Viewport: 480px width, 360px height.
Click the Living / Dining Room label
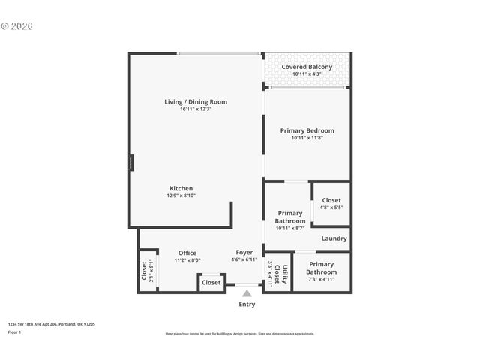tap(196, 102)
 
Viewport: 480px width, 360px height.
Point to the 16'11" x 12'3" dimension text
tap(196, 109)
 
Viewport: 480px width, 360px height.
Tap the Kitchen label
tap(181, 188)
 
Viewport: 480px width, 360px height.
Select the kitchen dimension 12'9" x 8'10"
tap(181, 196)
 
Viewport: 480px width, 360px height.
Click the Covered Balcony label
tap(307, 67)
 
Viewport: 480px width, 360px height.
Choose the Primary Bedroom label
tap(307, 130)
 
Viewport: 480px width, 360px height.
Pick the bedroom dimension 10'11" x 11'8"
tap(307, 138)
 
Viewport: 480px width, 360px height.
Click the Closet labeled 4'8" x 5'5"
tap(331, 200)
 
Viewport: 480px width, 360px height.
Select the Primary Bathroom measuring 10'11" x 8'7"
tap(290, 217)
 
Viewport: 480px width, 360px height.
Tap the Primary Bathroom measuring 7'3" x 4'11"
tap(321, 268)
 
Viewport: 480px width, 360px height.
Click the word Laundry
tap(334, 238)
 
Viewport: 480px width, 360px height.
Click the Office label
tap(187, 253)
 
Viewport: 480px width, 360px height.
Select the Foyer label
tap(244, 253)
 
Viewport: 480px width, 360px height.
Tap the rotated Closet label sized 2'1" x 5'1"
tap(144, 269)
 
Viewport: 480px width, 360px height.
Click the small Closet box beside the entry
tap(211, 283)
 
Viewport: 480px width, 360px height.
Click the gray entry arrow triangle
tap(247, 293)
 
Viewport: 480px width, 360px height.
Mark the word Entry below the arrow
tap(247, 304)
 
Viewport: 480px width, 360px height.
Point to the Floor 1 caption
tap(15, 331)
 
